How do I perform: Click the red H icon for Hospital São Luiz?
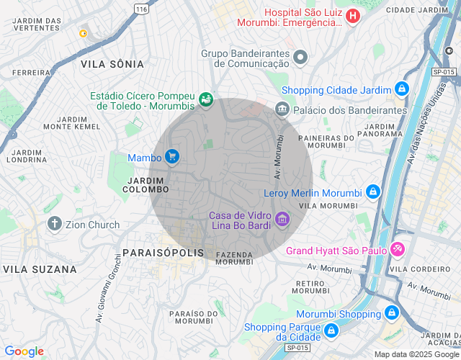pyautogui.click(x=352, y=16)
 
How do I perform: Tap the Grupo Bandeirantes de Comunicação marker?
pyautogui.click(x=301, y=57)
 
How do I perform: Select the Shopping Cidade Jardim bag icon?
pyautogui.click(x=402, y=90)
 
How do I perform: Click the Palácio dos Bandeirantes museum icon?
pyautogui.click(x=282, y=109)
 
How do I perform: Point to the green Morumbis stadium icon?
pyautogui.click(x=207, y=99)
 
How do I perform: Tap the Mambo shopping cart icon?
pyautogui.click(x=171, y=156)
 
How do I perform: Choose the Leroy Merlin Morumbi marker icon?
pyautogui.click(x=373, y=192)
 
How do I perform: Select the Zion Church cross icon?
pyautogui.click(x=54, y=224)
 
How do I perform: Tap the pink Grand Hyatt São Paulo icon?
pyautogui.click(x=398, y=250)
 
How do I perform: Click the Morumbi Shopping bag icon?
pyautogui.click(x=392, y=313)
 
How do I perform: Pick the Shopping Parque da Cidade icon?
pyautogui.click(x=331, y=330)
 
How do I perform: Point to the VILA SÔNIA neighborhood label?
pyautogui.click(x=112, y=64)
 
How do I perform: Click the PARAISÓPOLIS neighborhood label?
pyautogui.click(x=163, y=253)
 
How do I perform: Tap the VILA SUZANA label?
pyautogui.click(x=40, y=269)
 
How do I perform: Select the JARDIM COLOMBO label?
pyautogui.click(x=147, y=184)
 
